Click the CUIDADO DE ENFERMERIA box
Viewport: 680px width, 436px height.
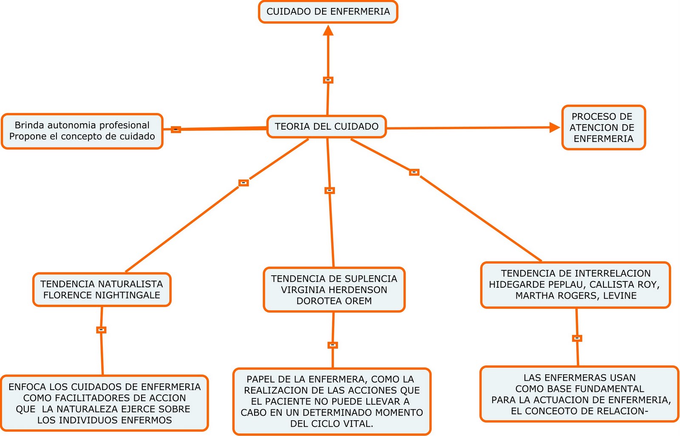coord(328,12)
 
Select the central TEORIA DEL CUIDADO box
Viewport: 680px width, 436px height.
coord(327,127)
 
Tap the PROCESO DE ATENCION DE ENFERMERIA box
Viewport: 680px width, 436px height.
coord(603,127)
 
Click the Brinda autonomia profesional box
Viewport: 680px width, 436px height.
coord(82,131)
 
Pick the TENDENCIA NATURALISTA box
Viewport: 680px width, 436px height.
coord(102,289)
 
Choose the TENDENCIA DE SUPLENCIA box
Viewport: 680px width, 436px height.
coord(334,290)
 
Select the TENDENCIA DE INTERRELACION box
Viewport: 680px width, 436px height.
coord(575,284)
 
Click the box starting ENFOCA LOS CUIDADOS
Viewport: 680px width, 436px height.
coord(105,403)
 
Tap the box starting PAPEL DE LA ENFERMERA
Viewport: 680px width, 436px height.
coord(332,401)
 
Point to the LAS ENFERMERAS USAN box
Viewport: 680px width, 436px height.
coord(580,394)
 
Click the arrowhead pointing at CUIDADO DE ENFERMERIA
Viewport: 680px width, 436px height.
coord(328,31)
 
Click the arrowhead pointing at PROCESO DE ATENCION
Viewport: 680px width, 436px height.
coord(555,127)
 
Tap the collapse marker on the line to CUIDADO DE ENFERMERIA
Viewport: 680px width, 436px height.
coord(328,80)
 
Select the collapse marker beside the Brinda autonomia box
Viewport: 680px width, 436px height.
coord(176,130)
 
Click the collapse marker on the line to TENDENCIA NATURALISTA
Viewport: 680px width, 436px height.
coord(244,183)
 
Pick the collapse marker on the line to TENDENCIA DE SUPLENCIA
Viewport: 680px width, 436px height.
coord(330,191)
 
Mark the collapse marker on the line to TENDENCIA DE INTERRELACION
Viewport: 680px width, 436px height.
coord(414,173)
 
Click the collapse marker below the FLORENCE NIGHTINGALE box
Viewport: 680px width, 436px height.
coord(101,330)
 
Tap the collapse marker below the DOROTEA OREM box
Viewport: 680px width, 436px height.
coord(333,345)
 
